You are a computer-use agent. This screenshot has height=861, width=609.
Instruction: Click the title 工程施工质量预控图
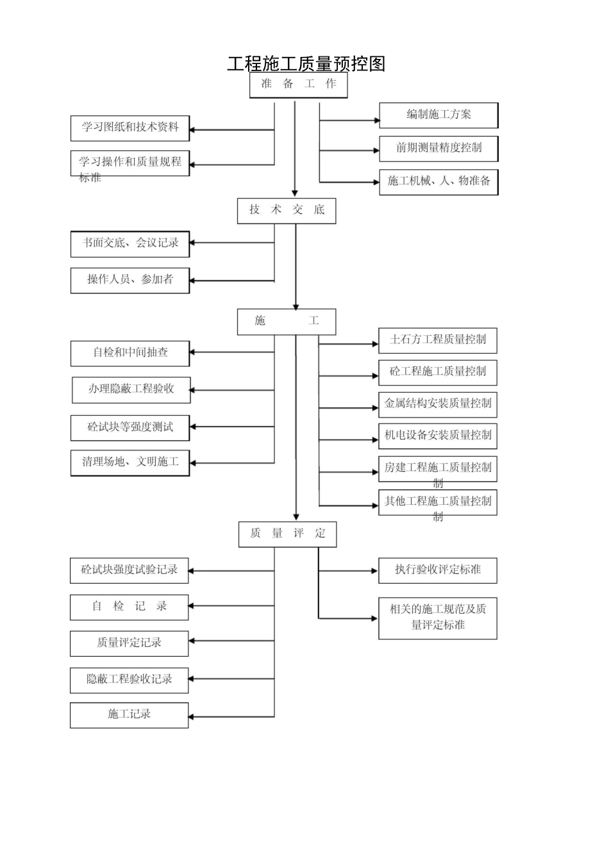306,63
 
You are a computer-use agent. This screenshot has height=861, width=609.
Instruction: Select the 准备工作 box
298,84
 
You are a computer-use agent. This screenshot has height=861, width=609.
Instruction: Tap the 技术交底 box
287,210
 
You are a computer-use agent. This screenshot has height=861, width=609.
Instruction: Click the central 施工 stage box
287,321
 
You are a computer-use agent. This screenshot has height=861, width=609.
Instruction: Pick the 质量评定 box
287,534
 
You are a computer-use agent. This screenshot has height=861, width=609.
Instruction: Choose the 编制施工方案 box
438,115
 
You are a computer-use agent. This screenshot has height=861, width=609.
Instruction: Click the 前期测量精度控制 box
438,148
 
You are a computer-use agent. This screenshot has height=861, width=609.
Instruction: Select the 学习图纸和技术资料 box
129,127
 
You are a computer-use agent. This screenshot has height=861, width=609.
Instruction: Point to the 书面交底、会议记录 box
129,243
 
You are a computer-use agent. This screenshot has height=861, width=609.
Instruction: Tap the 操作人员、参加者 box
129,280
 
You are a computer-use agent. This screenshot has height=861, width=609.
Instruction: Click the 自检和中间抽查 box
129,353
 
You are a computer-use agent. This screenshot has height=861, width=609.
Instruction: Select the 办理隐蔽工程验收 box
131,389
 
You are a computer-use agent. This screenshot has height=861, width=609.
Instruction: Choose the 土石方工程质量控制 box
438,340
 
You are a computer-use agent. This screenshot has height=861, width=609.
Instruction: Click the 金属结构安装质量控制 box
438,404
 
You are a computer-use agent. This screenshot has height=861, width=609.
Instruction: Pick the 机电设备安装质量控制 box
438,436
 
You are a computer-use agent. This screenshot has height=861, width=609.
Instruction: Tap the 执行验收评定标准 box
438,570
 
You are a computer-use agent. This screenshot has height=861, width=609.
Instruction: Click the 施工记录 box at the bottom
129,715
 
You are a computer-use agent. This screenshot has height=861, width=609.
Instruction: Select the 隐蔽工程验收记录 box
129,680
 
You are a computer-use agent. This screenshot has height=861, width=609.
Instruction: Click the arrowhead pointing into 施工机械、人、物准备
376,182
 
